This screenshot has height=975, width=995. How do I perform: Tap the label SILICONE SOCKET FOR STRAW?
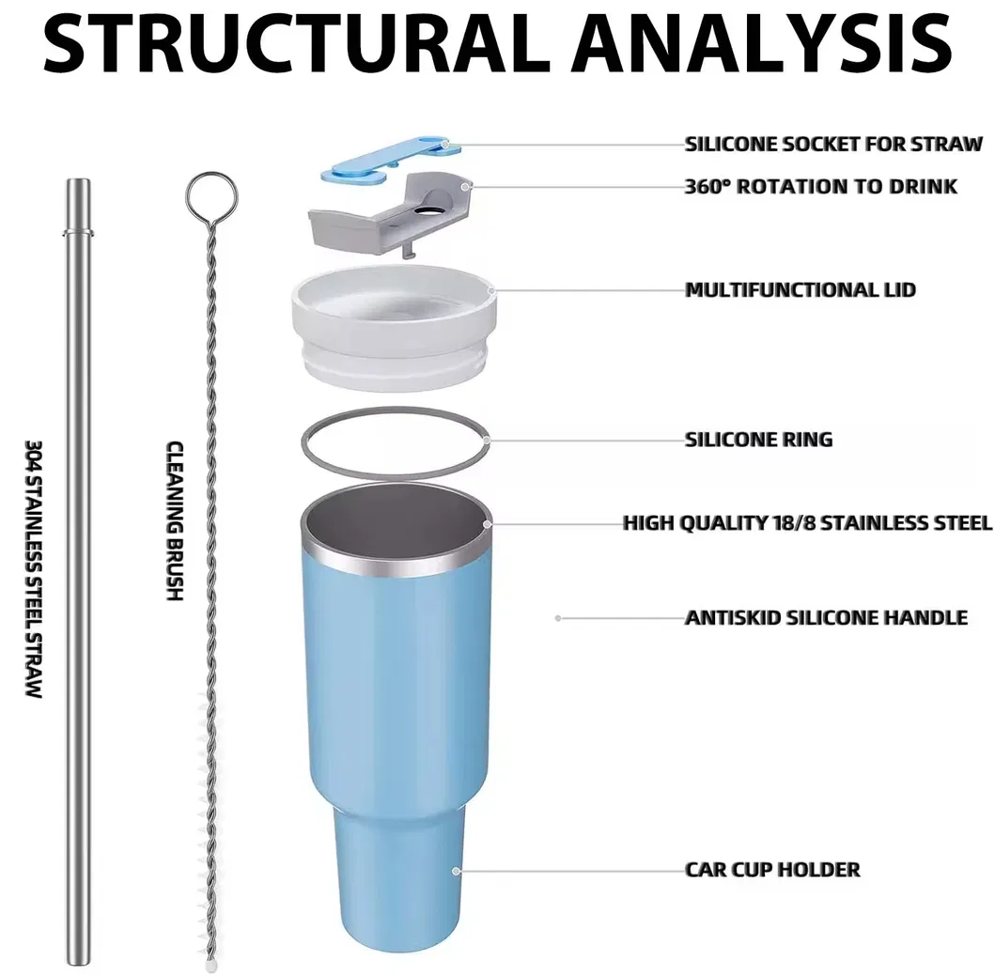click(x=833, y=145)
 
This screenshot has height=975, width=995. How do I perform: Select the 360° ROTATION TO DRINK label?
click(x=820, y=187)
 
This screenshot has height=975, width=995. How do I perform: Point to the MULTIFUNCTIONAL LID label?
click(x=800, y=290)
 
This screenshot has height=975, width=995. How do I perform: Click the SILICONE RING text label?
click(x=758, y=440)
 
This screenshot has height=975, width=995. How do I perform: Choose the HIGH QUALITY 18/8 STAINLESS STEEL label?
click(x=807, y=523)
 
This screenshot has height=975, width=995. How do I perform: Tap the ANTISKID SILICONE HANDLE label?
click(x=826, y=618)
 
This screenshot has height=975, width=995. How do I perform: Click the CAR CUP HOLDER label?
click(x=771, y=870)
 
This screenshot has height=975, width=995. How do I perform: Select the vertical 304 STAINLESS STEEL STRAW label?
click(x=33, y=569)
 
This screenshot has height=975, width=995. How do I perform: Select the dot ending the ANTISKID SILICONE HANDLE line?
click(x=558, y=618)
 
